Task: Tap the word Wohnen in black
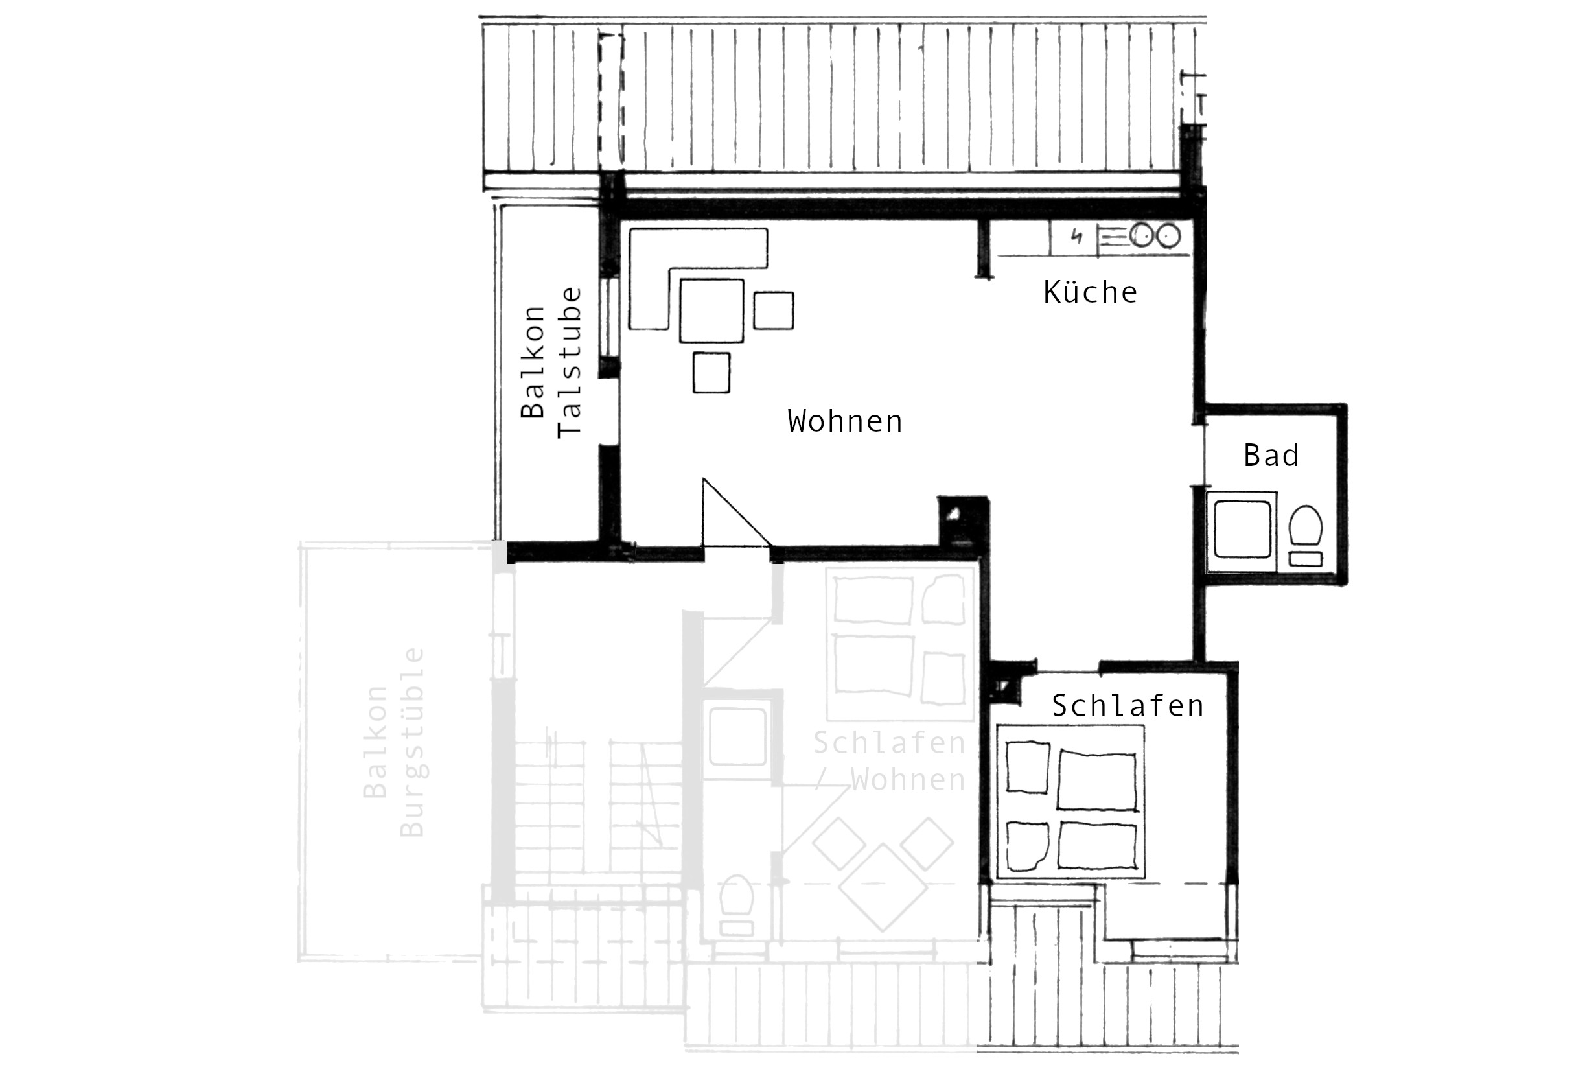tap(845, 421)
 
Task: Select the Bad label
tap(1271, 455)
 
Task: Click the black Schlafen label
tap(1128, 706)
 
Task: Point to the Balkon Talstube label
tap(551, 362)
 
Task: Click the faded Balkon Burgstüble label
tap(394, 742)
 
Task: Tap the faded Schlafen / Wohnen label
tap(890, 762)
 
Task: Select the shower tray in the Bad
tap(1242, 529)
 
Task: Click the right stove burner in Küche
tap(1168, 237)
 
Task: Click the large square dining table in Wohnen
tap(711, 310)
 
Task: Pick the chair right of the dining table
tap(773, 310)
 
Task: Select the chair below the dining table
tap(711, 372)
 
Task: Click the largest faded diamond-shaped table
tap(883, 887)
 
